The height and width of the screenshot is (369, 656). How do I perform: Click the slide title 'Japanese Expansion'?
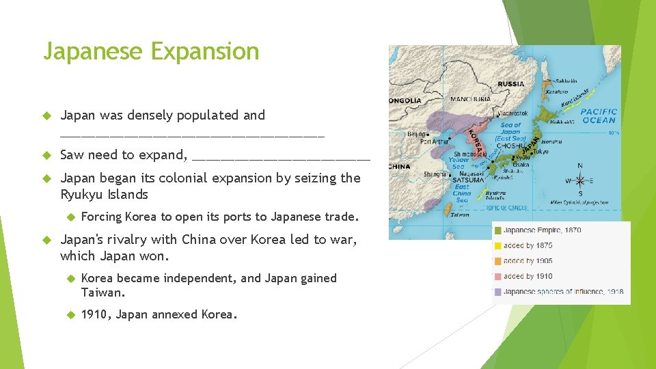pos(151,51)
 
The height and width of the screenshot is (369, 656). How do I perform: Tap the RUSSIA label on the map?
pos(511,84)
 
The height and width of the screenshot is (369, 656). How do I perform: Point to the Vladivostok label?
pos(512,113)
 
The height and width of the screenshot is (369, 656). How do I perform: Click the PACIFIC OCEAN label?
pos(599,115)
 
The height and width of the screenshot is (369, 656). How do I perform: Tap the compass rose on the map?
pos(580,181)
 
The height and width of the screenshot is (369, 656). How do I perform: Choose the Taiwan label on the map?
pos(460,214)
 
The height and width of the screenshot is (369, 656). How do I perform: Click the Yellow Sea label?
pos(459,163)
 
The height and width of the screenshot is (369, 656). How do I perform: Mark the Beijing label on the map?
pos(417,134)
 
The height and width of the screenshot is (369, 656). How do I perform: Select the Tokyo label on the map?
pos(540,151)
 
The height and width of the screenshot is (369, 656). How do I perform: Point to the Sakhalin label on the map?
pos(566,81)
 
